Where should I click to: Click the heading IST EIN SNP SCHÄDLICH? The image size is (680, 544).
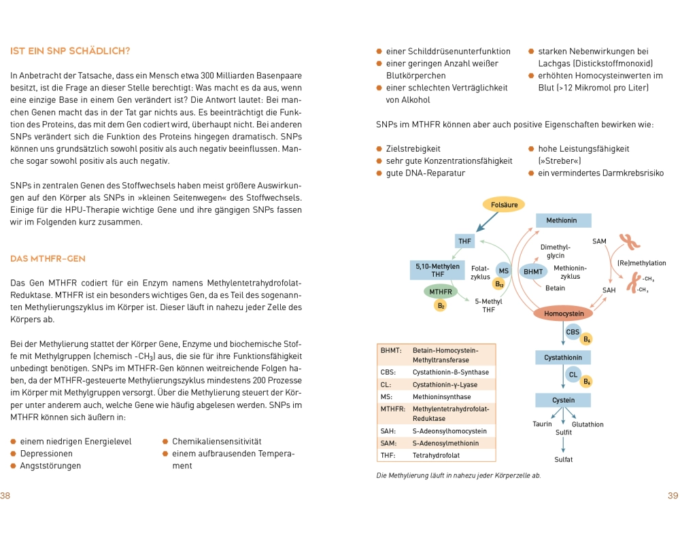pyautogui.click(x=70, y=52)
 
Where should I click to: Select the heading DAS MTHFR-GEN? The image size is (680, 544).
pyautogui.click(x=48, y=259)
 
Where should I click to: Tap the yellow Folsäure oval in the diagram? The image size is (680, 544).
pyautogui.click(x=504, y=204)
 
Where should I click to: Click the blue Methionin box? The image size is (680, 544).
pyautogui.click(x=564, y=220)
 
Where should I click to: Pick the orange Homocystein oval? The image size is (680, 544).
pyautogui.click(x=564, y=313)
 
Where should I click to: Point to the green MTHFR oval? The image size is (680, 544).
pyautogui.click(x=441, y=292)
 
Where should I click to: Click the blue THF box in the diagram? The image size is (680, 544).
pyautogui.click(x=465, y=241)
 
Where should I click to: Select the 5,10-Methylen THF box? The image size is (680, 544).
pyautogui.click(x=438, y=270)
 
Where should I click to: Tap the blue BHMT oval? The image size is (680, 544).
pyautogui.click(x=532, y=271)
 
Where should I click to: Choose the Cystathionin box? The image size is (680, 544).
pyautogui.click(x=563, y=357)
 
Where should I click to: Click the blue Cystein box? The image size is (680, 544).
pyautogui.click(x=563, y=401)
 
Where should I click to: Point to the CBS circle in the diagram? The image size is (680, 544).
pyautogui.click(x=573, y=332)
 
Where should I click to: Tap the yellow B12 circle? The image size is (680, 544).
pyautogui.click(x=499, y=284)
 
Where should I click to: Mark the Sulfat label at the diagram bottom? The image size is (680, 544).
pyautogui.click(x=563, y=460)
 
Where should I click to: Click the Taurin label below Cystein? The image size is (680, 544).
pyautogui.click(x=542, y=424)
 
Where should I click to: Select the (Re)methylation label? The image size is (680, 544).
pyautogui.click(x=641, y=263)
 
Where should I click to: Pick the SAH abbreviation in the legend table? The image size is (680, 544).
pyautogui.click(x=388, y=430)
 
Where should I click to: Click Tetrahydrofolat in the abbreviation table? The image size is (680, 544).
pyautogui.click(x=436, y=456)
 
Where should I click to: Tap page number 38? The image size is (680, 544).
pyautogui.click(x=5, y=496)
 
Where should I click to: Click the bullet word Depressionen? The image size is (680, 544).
pyautogui.click(x=46, y=454)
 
